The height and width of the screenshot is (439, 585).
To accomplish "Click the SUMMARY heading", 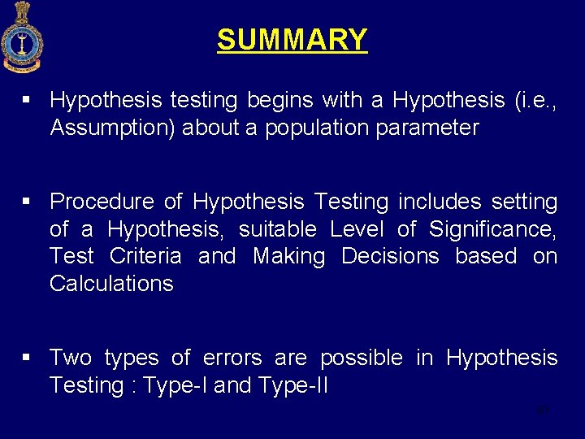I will [292, 39].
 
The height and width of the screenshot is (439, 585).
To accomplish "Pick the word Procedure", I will [102, 202].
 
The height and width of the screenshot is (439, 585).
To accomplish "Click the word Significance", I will [492, 229].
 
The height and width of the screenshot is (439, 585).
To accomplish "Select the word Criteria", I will [145, 256].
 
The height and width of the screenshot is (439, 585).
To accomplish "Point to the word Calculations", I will [111, 284].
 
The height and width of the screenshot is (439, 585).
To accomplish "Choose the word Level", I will [355, 229].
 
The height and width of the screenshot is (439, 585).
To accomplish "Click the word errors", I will [232, 358].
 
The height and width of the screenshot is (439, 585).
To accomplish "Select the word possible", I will [361, 358].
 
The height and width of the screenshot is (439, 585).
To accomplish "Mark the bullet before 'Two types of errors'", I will [27, 358].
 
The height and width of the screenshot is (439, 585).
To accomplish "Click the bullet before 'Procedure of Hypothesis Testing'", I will [27, 202].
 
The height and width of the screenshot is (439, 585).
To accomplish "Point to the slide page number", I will [544, 411].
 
